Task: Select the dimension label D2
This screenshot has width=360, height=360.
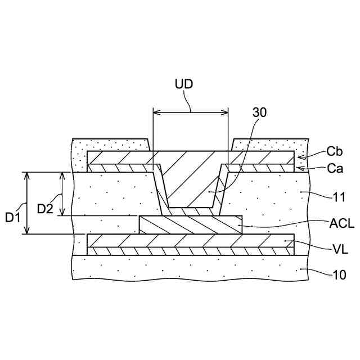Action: point(46,208)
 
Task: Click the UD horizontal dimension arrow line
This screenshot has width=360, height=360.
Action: point(191,112)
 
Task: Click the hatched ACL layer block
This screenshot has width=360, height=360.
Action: point(191,224)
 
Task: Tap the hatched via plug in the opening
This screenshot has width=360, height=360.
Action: point(191,180)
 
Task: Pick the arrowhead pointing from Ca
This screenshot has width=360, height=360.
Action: point(298,167)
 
